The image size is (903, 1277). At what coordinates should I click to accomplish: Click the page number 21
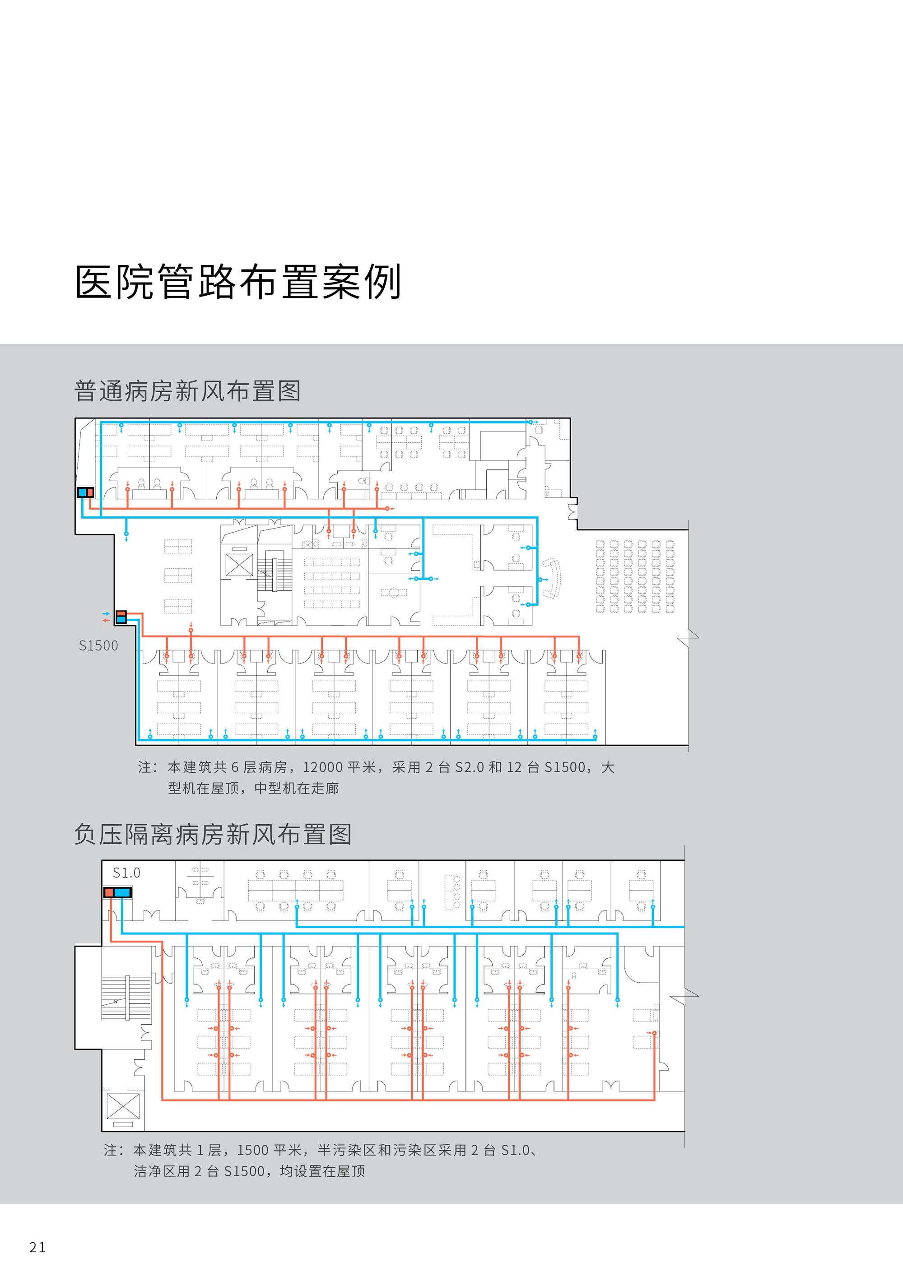(38, 1248)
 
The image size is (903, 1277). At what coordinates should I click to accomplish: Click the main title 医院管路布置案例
(238, 282)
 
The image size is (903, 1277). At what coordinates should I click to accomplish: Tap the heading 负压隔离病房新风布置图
(213, 834)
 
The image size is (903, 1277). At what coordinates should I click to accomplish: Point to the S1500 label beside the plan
(98, 646)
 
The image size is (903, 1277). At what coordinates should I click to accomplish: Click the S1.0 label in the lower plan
(126, 873)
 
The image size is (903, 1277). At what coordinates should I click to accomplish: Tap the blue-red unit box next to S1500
(121, 617)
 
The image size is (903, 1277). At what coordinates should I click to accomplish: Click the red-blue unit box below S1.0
(117, 892)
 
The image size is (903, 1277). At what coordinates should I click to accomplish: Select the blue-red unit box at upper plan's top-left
(85, 492)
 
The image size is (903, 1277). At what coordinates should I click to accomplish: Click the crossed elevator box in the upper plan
(239, 565)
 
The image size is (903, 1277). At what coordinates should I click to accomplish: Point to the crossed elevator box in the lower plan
(123, 1106)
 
